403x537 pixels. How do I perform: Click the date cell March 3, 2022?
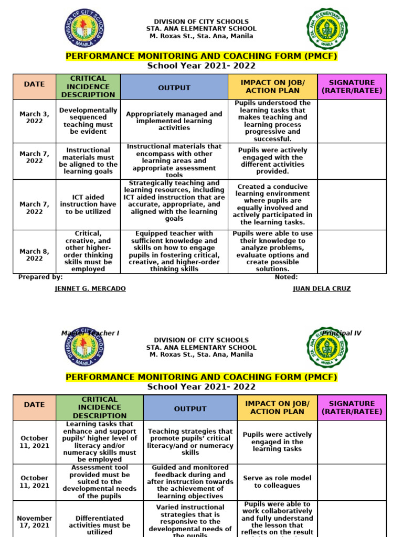tap(35, 117)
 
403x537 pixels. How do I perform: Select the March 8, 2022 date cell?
tap(35, 255)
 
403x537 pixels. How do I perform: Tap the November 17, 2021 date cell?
tap(35, 521)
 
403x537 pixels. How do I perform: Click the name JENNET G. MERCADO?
tap(90, 289)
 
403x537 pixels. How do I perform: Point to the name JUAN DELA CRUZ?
tap(321, 289)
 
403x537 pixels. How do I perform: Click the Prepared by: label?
tap(40, 277)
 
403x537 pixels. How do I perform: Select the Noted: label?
tap(286, 277)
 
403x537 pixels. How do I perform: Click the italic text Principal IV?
tap(342, 333)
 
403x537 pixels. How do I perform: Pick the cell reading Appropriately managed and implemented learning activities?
tap(174, 121)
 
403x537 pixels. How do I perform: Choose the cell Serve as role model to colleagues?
tap(277, 481)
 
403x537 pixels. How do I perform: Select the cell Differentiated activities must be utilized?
tap(99, 524)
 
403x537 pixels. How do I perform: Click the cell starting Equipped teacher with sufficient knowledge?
tap(174, 251)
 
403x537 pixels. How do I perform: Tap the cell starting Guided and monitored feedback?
tap(190, 481)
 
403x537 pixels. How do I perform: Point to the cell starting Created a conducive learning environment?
tap(272, 204)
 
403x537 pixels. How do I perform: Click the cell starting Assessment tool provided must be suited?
tap(99, 481)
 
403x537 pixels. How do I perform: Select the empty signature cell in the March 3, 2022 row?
tap(352, 121)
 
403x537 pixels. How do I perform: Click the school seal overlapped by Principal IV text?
tap(327, 348)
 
